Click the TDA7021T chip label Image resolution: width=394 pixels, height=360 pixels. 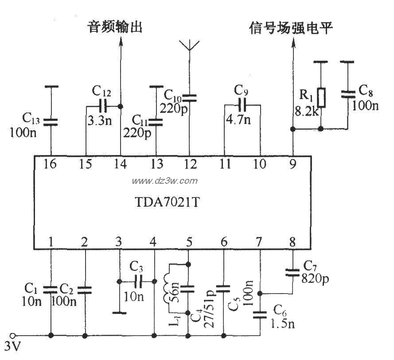(x=167, y=202)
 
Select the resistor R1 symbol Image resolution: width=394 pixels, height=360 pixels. (x=321, y=98)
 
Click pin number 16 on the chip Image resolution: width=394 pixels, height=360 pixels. (x=50, y=164)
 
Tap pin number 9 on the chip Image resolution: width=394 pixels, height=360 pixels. (x=293, y=164)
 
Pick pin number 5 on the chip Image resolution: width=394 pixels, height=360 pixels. (x=189, y=242)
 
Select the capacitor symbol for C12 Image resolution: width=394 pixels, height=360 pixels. (x=103, y=107)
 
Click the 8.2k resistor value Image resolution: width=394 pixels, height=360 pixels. (x=306, y=111)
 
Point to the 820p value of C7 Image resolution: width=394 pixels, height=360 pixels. (x=315, y=279)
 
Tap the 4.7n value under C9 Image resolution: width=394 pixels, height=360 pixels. (x=238, y=120)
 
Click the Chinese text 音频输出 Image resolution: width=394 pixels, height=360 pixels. (x=115, y=27)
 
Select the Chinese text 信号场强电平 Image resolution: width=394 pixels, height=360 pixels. (x=291, y=27)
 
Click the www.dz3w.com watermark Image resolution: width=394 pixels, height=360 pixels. (x=165, y=181)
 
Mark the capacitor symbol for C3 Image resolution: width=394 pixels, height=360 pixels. (x=138, y=282)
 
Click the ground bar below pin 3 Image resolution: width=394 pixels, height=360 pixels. (x=119, y=313)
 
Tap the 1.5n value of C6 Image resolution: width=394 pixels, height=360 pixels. (x=282, y=324)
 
